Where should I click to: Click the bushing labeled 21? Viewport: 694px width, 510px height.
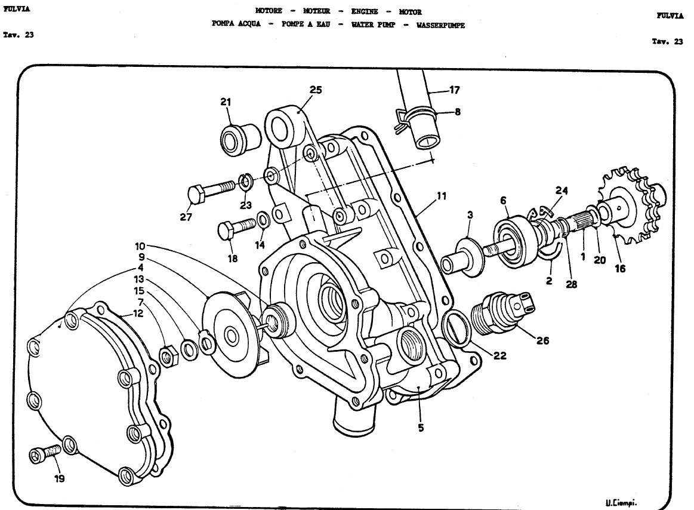[240, 139]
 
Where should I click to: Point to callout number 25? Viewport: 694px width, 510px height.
[316, 90]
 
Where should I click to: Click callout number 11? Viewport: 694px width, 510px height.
[442, 196]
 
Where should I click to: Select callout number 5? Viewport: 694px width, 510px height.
[421, 428]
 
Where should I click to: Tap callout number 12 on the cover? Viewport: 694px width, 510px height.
[138, 314]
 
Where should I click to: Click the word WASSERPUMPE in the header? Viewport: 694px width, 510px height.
[440, 25]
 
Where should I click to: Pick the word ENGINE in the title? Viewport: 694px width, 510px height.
[364, 11]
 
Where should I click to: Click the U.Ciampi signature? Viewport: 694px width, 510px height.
[621, 502]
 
